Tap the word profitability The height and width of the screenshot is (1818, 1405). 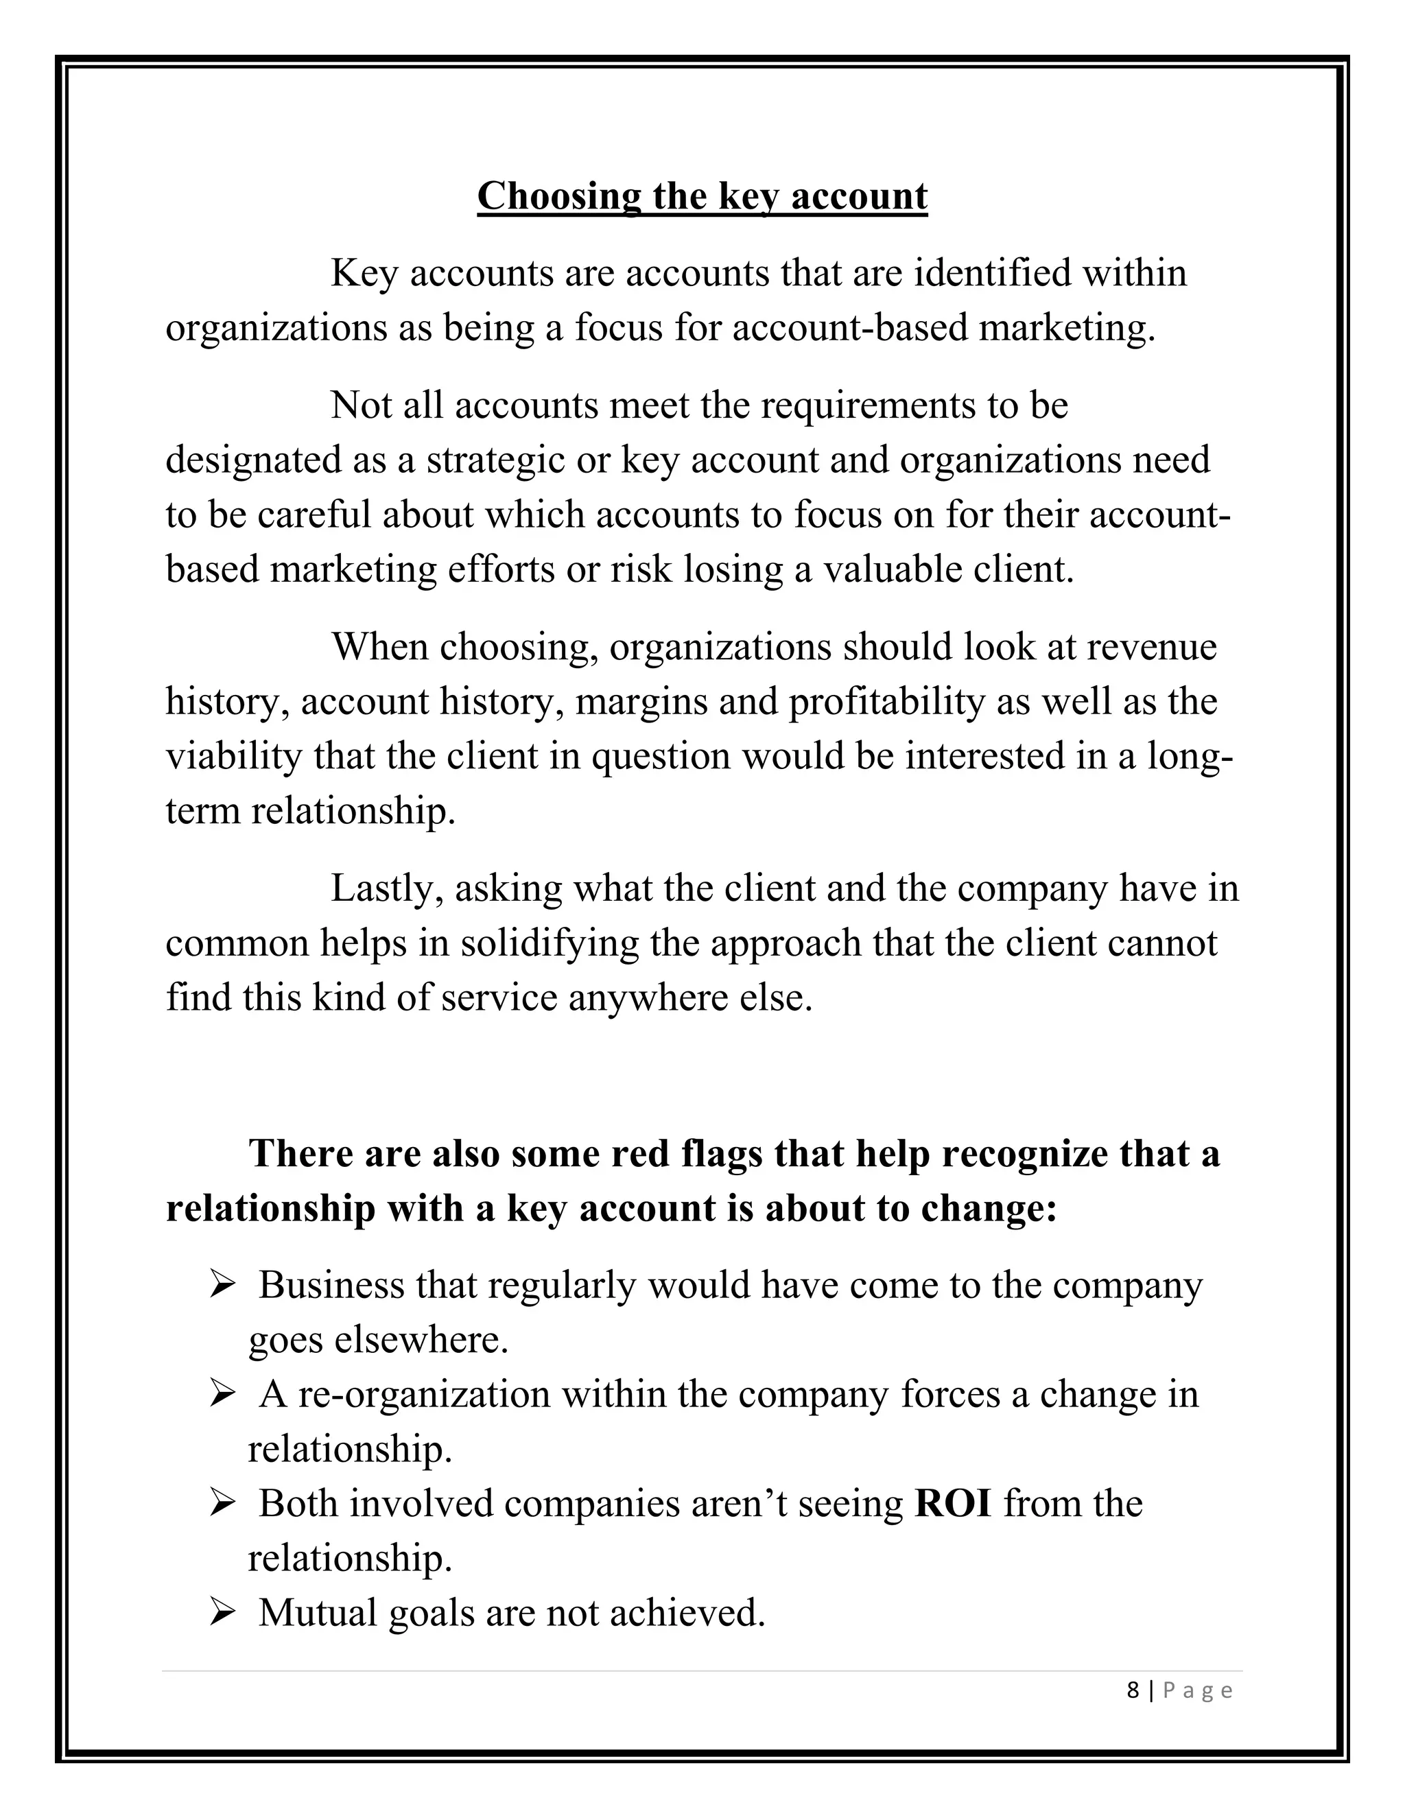[886, 702]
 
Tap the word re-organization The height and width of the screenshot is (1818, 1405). [425, 1396]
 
